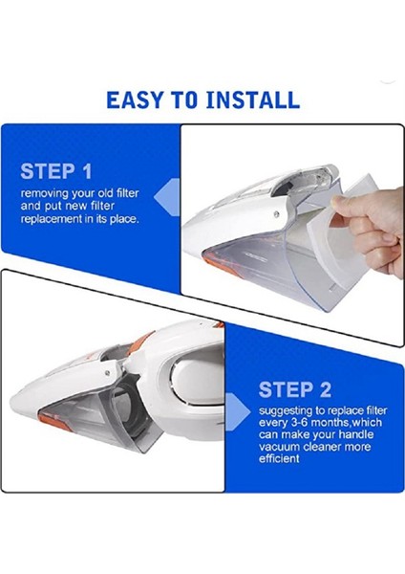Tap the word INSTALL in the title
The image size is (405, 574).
click(x=255, y=99)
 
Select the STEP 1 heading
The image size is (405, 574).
click(x=56, y=172)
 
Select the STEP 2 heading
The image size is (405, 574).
click(x=295, y=389)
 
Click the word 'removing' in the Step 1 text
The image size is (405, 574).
click(x=44, y=193)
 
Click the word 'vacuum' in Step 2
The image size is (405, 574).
click(x=283, y=447)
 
